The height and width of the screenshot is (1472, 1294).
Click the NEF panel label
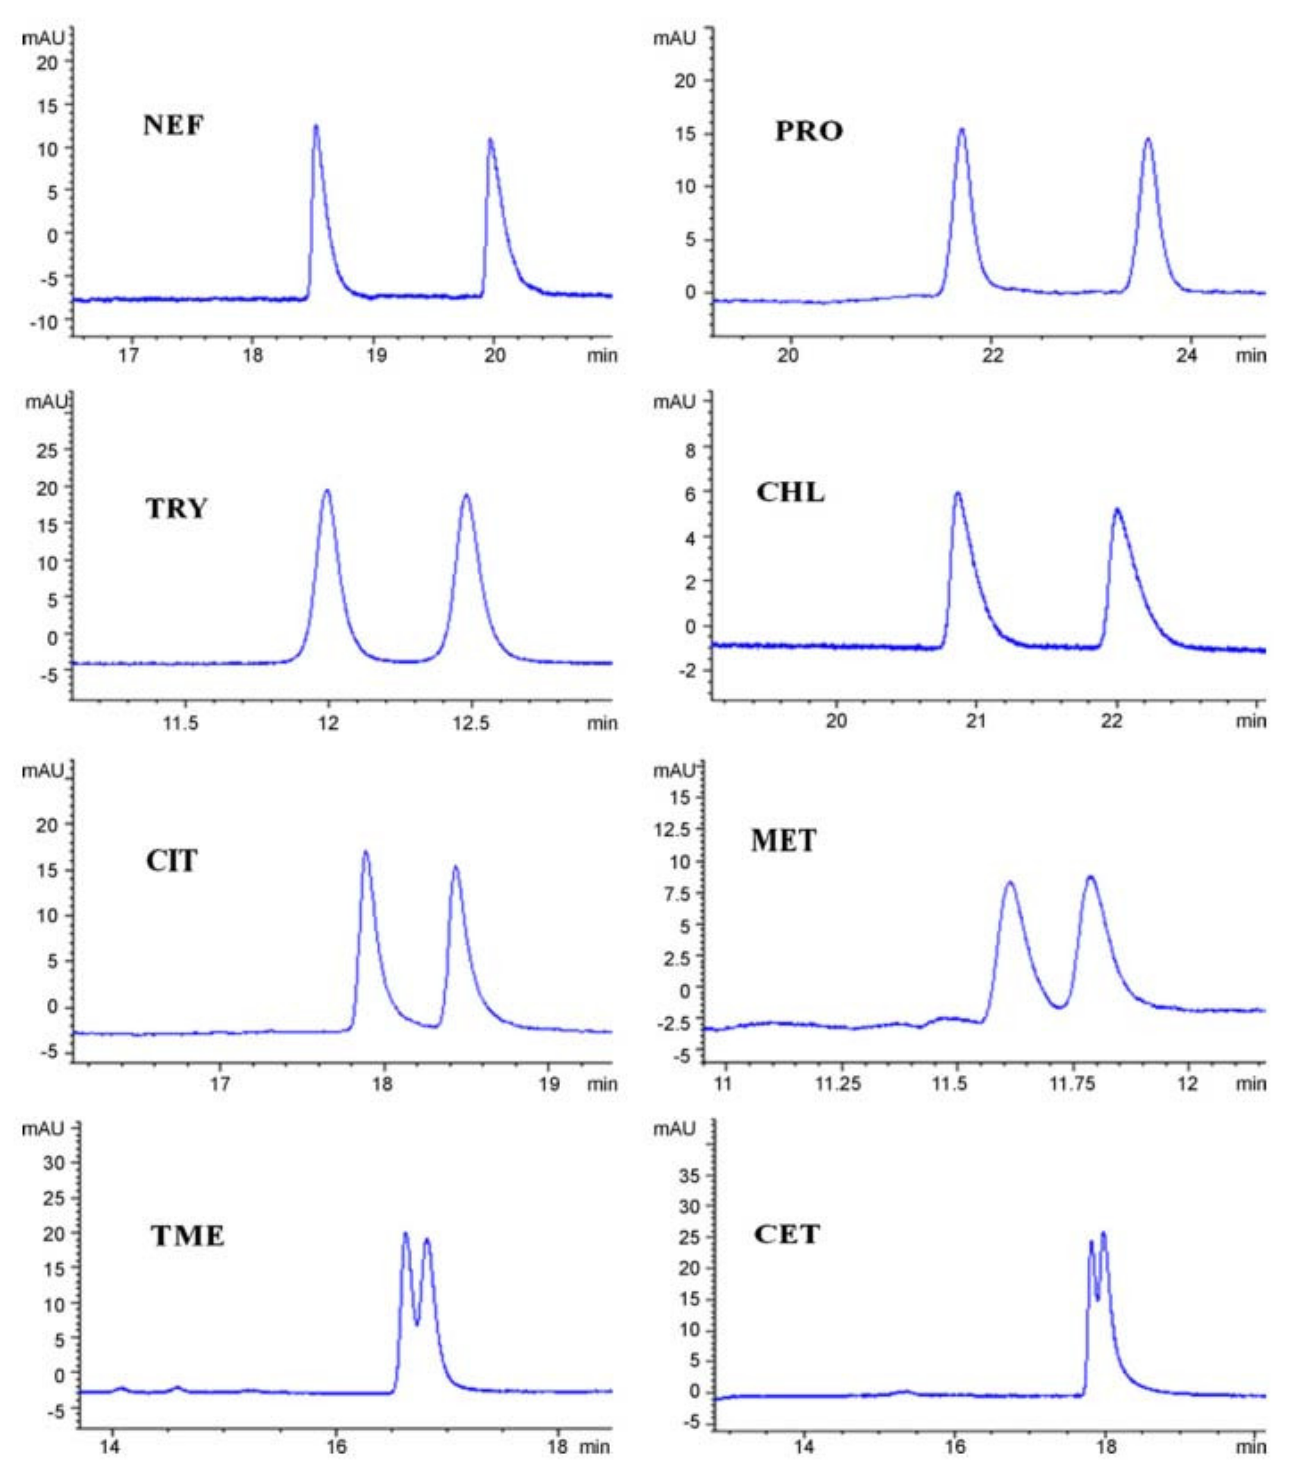pyautogui.click(x=173, y=125)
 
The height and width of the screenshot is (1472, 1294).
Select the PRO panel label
pyautogui.click(x=808, y=131)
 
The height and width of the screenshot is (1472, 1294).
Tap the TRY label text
pyautogui.click(x=177, y=508)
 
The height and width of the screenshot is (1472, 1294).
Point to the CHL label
pyautogui.click(x=790, y=493)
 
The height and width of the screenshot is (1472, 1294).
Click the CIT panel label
pyautogui.click(x=171, y=861)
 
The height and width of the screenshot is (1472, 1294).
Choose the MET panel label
pyautogui.click(x=783, y=841)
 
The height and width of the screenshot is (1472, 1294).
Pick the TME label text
pyautogui.click(x=187, y=1237)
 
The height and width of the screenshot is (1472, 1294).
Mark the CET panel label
pyautogui.click(x=787, y=1234)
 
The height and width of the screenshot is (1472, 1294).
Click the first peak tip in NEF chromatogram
pyautogui.click(x=316, y=126)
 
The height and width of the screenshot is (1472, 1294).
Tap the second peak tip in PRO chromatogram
pyautogui.click(x=1148, y=139)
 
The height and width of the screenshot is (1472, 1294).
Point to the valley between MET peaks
pyautogui.click(x=1059, y=1006)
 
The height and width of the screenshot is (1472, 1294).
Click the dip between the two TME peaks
pyautogui.click(x=416, y=1323)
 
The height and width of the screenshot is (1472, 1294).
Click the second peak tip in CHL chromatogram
pyautogui.click(x=1117, y=509)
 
